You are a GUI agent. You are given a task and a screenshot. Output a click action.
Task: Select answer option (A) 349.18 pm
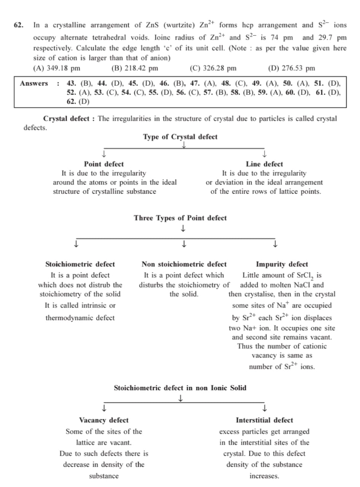(x=57, y=69)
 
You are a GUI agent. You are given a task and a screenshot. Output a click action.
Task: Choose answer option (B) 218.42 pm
(x=135, y=69)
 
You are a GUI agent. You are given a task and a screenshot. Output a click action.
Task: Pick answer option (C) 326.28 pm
(x=213, y=69)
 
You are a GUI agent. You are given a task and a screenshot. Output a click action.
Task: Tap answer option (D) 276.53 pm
(x=292, y=69)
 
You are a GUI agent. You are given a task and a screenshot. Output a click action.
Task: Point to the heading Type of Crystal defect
(x=180, y=137)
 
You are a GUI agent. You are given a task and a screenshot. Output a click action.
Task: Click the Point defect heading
(x=104, y=164)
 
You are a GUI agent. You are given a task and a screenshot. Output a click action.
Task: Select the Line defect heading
(x=264, y=164)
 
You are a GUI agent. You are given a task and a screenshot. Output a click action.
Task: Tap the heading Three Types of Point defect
(x=180, y=218)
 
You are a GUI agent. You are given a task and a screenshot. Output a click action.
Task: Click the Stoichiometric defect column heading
(x=80, y=264)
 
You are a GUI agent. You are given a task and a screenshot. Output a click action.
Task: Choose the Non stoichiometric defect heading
(x=184, y=264)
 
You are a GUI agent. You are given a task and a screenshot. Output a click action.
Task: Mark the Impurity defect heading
(x=282, y=264)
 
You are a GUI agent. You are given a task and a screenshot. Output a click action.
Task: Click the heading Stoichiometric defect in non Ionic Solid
(x=180, y=388)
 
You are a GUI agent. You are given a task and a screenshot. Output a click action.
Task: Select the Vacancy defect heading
(x=104, y=420)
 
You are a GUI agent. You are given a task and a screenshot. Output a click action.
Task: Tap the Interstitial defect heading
(x=264, y=420)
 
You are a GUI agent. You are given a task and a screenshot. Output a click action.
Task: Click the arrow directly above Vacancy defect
(x=104, y=409)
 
